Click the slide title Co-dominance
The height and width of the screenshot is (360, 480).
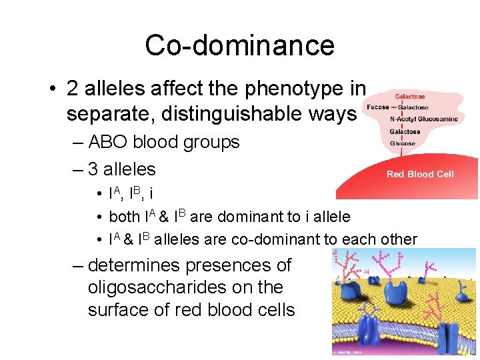coord(239,45)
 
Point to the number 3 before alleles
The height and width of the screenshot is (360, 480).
coord(93,169)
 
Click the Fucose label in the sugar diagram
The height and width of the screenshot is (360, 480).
coord(378,107)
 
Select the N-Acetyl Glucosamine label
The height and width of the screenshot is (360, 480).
coord(424,119)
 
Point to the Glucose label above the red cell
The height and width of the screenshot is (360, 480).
coord(402,143)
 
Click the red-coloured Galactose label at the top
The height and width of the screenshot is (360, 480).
coord(410,96)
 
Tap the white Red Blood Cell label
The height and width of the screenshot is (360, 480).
coord(420,174)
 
